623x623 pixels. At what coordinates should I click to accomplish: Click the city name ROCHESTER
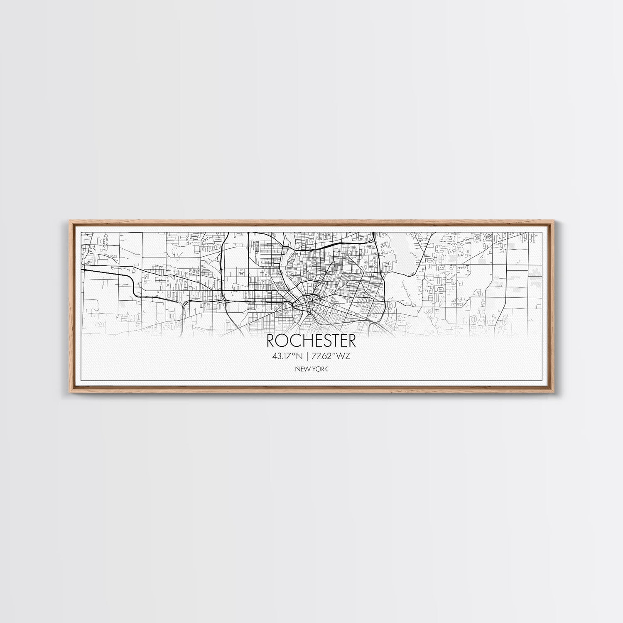tap(311, 341)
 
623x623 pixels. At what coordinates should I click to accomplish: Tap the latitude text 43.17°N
tap(287, 356)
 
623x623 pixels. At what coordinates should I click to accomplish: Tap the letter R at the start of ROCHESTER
tap(271, 341)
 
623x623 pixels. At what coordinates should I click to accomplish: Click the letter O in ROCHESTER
tap(281, 341)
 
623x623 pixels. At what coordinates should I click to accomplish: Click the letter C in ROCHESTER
tap(293, 341)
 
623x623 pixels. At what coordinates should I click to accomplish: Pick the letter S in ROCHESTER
tap(325, 341)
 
